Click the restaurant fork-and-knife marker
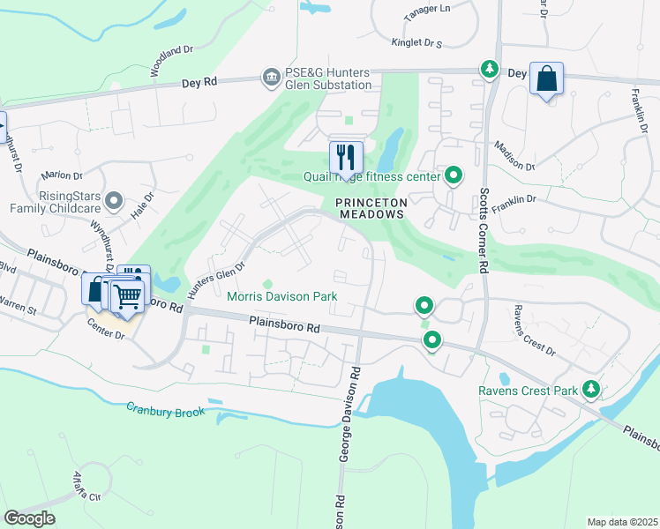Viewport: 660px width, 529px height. pyautogui.click(x=346, y=158)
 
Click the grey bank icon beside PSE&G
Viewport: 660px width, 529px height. pyautogui.click(x=271, y=78)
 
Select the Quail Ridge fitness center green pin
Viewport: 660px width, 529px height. pyautogui.click(x=454, y=175)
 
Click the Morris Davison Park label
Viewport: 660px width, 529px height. pyautogui.click(x=282, y=297)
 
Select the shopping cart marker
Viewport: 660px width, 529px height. pyautogui.click(x=127, y=295)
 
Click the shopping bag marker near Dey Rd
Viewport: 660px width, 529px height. pyautogui.click(x=547, y=79)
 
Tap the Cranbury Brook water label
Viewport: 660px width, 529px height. pyautogui.click(x=165, y=410)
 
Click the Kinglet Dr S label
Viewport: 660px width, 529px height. pyautogui.click(x=416, y=42)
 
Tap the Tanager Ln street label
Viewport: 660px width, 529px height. pyautogui.click(x=427, y=8)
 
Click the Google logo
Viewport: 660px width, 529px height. pyautogui.click(x=29, y=518)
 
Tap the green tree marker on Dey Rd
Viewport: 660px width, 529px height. pyautogui.click(x=488, y=69)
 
